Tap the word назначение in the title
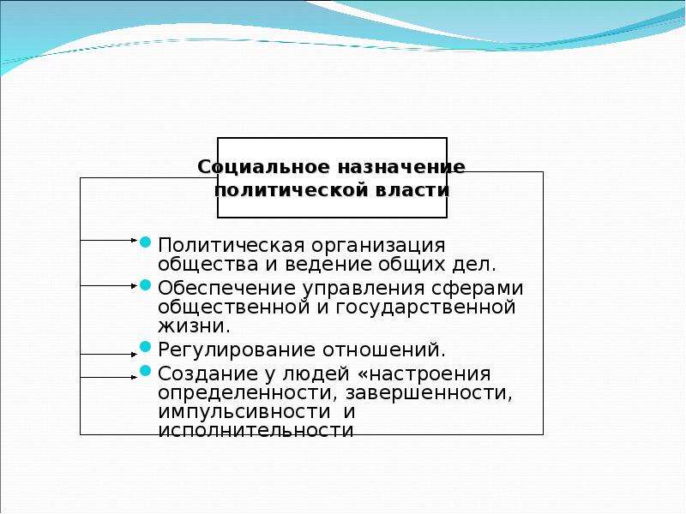tap(401, 167)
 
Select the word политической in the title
tap(290, 190)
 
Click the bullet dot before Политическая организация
tap(145, 242)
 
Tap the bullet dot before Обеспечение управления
tap(145, 285)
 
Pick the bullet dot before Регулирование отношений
tap(145, 347)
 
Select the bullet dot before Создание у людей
tap(145, 372)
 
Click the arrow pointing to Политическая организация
tap(109, 240)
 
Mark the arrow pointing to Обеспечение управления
tap(109, 286)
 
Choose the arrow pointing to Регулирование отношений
tap(109, 355)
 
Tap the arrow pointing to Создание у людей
tap(109, 377)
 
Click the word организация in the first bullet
tap(378, 246)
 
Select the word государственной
tap(425, 308)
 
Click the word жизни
tap(194, 326)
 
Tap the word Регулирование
tap(237, 350)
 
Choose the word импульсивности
tap(244, 412)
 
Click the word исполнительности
tap(256, 431)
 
